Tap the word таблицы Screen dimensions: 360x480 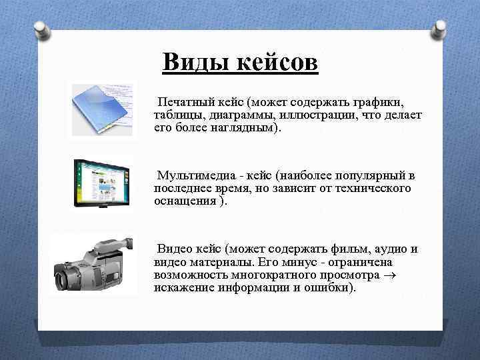coord(176,115)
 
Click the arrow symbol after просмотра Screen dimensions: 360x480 coord(391,275)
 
